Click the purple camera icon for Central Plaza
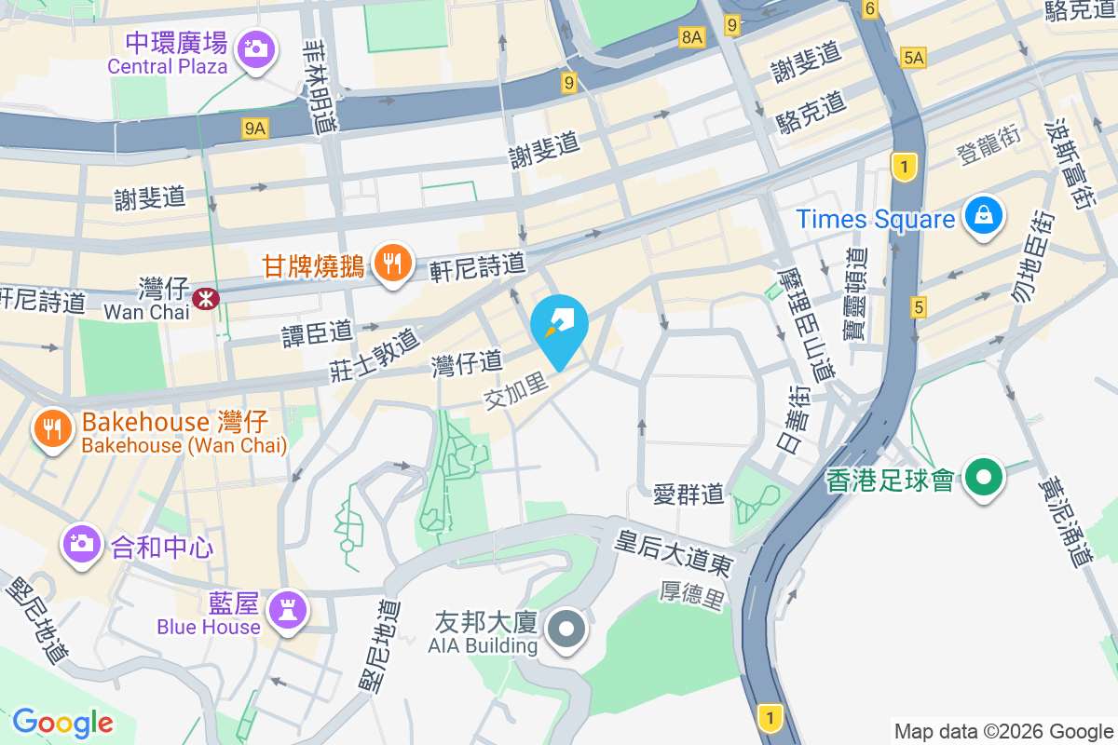click(255, 47)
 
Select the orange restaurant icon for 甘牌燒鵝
click(392, 262)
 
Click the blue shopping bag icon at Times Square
click(983, 215)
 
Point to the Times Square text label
click(875, 220)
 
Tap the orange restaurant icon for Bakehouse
click(52, 427)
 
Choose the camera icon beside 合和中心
click(82, 542)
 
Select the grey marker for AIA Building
click(567, 629)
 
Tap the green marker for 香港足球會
click(983, 478)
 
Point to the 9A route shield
click(254, 129)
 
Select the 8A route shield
click(691, 37)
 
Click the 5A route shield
click(913, 59)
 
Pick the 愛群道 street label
click(689, 494)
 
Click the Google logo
click(63, 722)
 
